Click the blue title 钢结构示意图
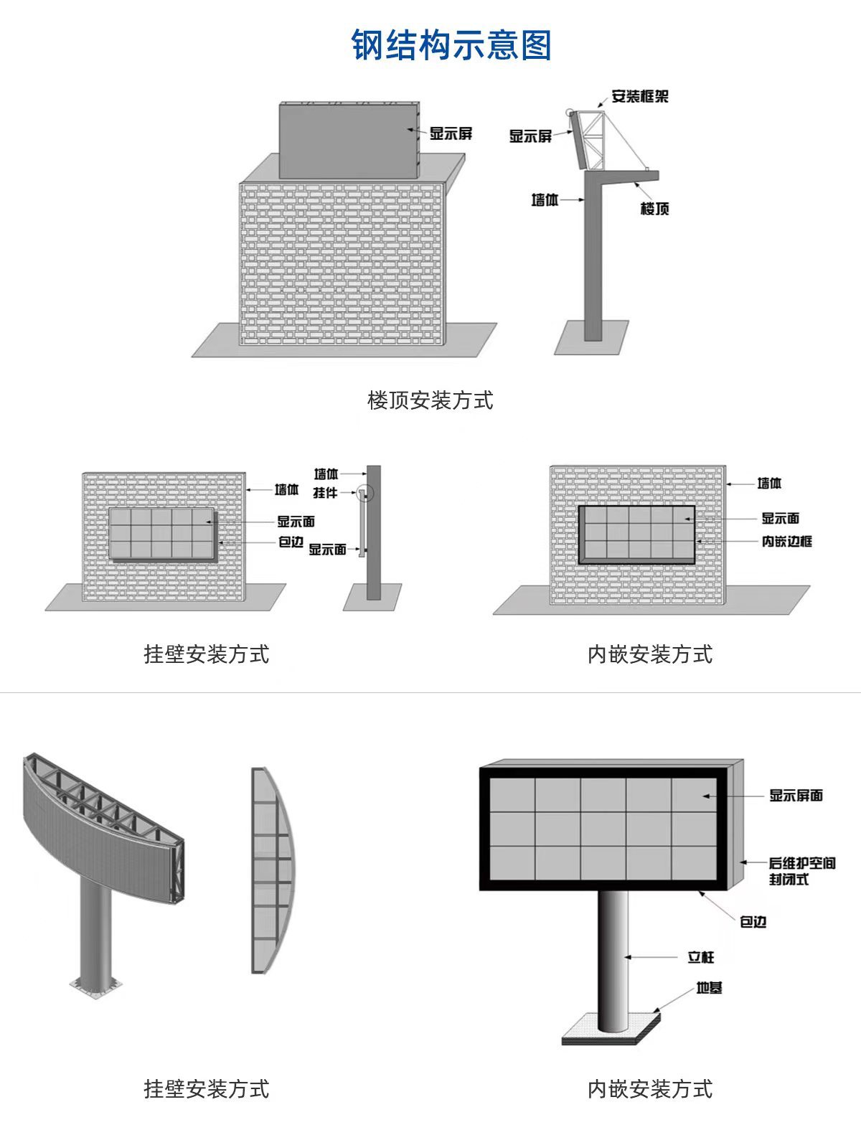coord(451,45)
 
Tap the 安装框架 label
coord(639,96)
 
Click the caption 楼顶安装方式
coord(430,400)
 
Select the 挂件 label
coord(325,493)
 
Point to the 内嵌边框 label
coord(786,541)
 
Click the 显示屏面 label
coord(796,795)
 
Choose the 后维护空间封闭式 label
coord(801,870)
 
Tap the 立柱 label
coord(700,957)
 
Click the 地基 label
coord(709,988)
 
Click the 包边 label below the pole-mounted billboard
coord(753,921)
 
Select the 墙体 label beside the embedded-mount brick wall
coord(769,484)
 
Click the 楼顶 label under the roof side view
coord(654,209)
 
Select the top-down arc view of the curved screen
coord(273,870)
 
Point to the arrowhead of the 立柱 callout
coord(626,957)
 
